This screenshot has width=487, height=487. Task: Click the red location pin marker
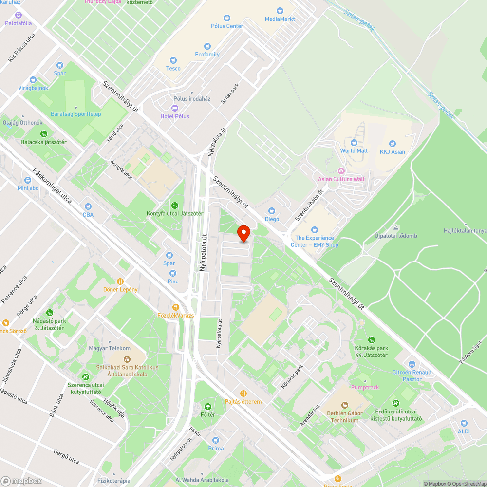(243, 233)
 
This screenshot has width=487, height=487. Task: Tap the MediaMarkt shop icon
(280, 11)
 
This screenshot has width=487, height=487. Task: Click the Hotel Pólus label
(175, 116)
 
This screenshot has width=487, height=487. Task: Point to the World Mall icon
(354, 143)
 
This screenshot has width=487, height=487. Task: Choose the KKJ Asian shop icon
(392, 144)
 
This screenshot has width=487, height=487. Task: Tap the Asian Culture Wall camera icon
(341, 171)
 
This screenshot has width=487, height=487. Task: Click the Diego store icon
(272, 211)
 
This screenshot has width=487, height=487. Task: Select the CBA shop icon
(88, 206)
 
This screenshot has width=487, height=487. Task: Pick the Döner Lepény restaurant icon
(120, 281)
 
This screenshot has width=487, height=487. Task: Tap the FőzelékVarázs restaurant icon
(176, 307)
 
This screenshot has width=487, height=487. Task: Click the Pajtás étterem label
(243, 402)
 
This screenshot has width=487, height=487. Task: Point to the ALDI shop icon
(464, 423)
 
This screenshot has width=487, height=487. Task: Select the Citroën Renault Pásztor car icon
(412, 364)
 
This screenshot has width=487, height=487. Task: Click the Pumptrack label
(365, 387)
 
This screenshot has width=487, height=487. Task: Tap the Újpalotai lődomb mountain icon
(396, 228)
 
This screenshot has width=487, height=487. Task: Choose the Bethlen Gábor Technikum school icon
(344, 405)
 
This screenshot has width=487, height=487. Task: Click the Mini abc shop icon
(28, 180)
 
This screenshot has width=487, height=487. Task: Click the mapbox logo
(21, 481)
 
